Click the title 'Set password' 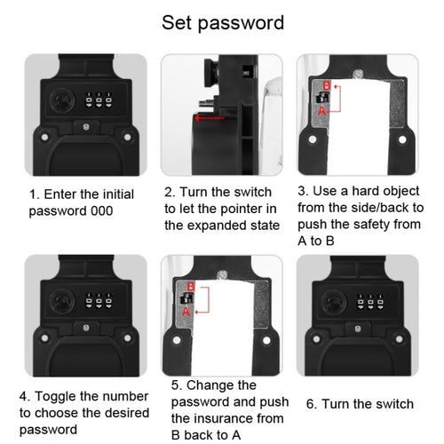coord(222,22)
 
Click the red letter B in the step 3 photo coord(327,85)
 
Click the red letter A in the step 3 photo coord(322,113)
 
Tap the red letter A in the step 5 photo coord(186,313)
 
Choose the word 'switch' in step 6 coord(394,402)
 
